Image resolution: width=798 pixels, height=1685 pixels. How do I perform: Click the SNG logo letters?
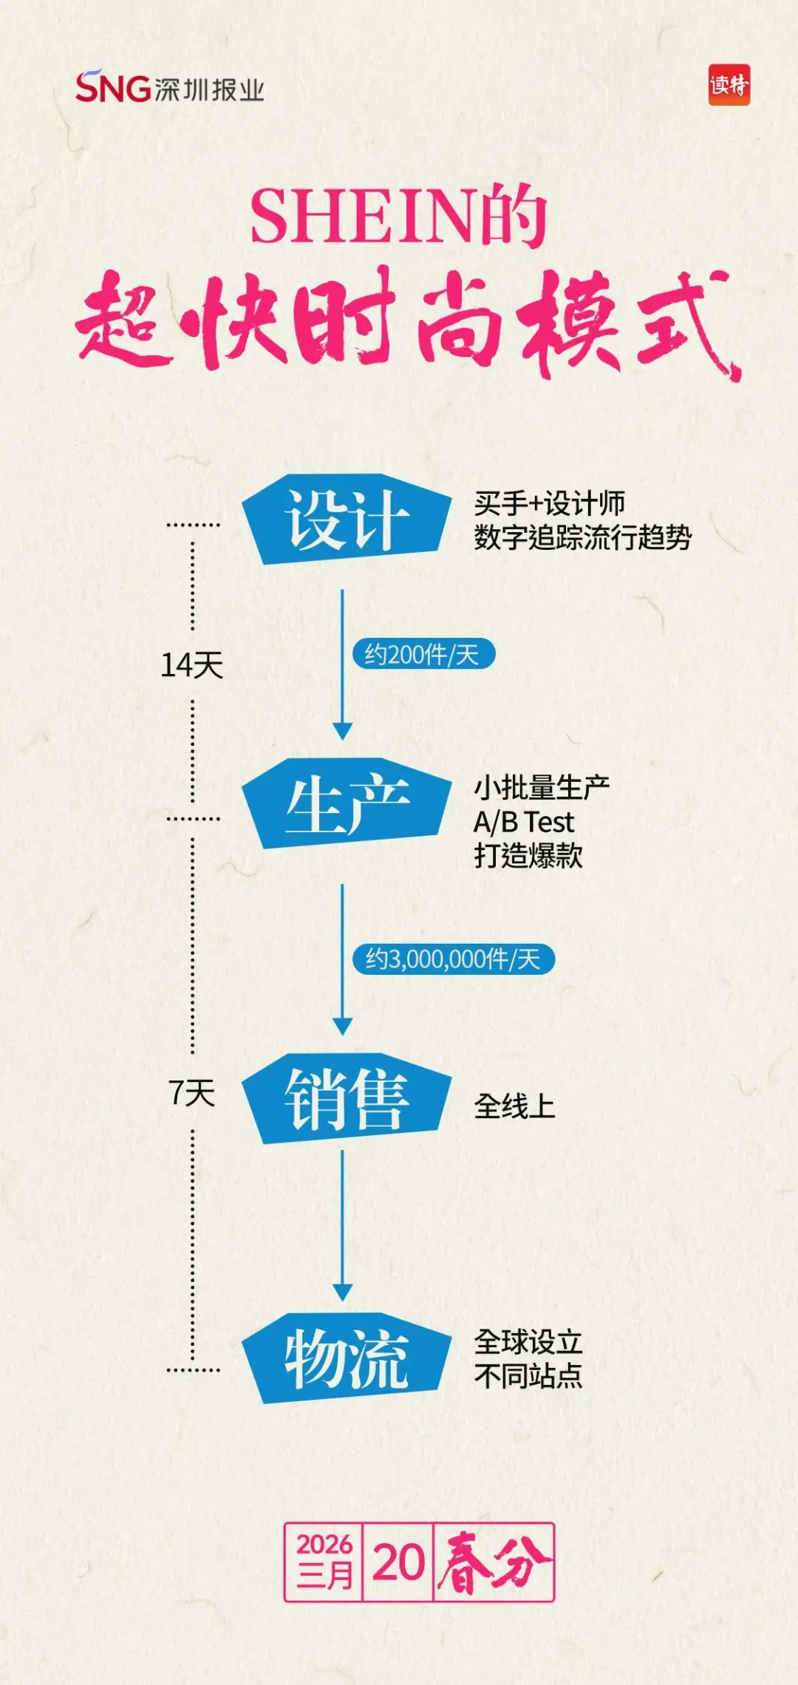pos(113,87)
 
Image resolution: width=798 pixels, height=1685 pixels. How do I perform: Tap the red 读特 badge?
pos(729,86)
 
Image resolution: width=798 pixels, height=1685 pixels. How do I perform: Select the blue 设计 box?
pos(346,520)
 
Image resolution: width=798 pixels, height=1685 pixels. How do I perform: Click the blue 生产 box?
pos(346,804)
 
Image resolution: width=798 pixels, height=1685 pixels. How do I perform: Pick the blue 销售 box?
pos(346,1099)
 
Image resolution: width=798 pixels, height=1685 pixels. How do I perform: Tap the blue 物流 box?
pos(346,1358)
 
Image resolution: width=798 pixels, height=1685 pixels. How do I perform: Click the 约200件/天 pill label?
pos(423,654)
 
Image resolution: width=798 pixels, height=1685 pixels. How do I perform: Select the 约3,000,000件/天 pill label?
pos(452,959)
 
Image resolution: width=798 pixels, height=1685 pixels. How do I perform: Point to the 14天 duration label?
pos(192,665)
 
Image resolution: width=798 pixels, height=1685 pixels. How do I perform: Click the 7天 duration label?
pos(192,1093)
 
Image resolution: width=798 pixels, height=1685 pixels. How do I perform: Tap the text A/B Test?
pos(523,822)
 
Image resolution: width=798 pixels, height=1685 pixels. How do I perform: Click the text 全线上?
pos(514,1106)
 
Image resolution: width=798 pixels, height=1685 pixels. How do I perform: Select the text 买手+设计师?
pos(550,504)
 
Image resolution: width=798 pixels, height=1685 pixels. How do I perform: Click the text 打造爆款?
pos(528,856)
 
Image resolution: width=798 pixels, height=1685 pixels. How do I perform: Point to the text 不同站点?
pos(528,1376)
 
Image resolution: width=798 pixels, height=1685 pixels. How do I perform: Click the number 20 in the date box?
pos(398,1562)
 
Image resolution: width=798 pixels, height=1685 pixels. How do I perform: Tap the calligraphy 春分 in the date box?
pos(493,1562)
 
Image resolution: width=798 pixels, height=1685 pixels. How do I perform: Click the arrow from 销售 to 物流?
pos(342,1227)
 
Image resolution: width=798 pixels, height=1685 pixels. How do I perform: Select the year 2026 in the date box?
pos(324,1544)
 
